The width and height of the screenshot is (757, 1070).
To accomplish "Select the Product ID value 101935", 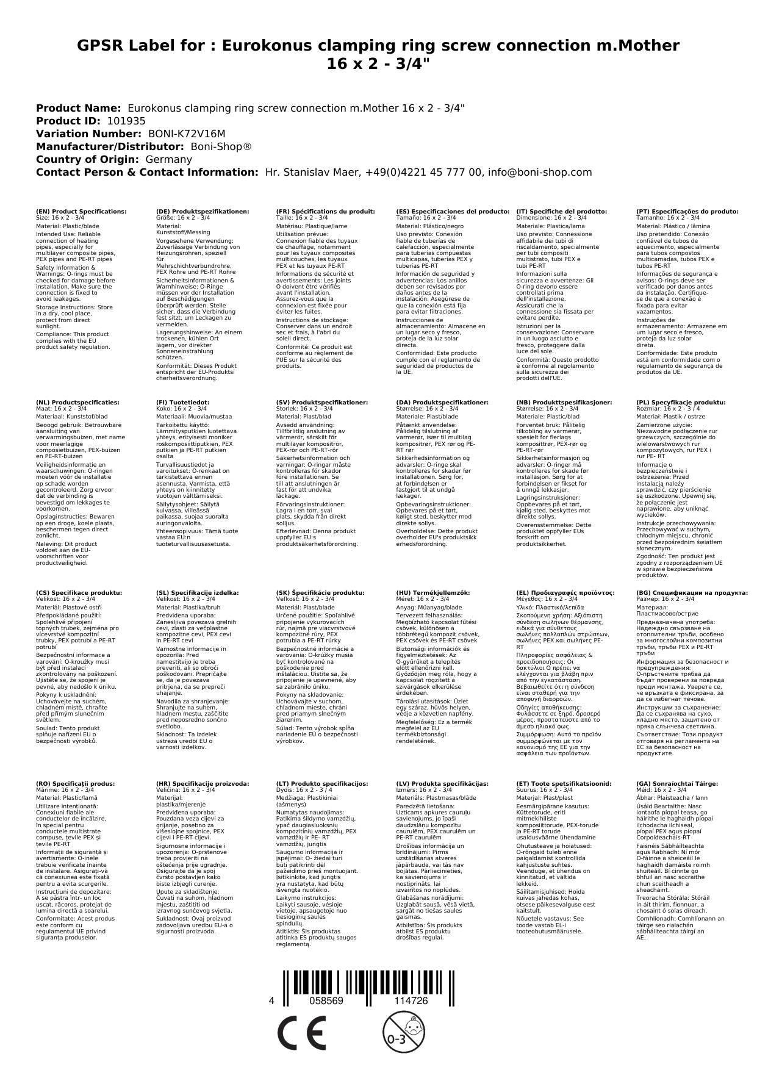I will (126, 121).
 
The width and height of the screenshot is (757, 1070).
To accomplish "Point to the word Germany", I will (168, 159).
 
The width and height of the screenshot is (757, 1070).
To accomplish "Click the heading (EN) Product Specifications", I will (81, 211).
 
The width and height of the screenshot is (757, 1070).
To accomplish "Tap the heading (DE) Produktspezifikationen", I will (203, 211).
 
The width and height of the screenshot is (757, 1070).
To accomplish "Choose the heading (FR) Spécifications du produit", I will (325, 211).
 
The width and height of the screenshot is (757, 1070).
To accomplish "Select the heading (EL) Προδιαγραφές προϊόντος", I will (565, 592).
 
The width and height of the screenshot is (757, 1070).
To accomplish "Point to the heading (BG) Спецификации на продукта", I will (692, 592).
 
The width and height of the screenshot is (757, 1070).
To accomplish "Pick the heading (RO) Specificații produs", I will (75, 783).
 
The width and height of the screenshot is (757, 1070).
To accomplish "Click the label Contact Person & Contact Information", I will (147, 172).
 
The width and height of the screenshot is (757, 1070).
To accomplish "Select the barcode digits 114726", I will (411, 1001).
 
